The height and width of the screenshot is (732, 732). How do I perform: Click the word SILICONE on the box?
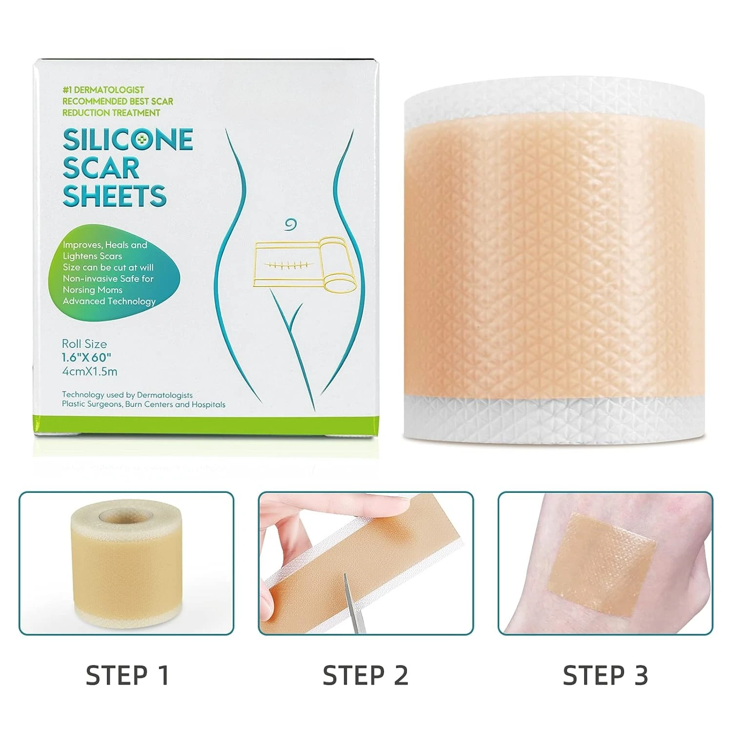pos(128,140)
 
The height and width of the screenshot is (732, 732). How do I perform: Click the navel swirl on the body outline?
pos(292,224)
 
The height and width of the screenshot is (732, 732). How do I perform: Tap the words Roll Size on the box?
pos(84,344)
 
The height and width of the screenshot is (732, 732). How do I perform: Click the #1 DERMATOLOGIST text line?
pos(103,90)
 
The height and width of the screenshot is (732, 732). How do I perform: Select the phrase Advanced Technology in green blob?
pos(109,301)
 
